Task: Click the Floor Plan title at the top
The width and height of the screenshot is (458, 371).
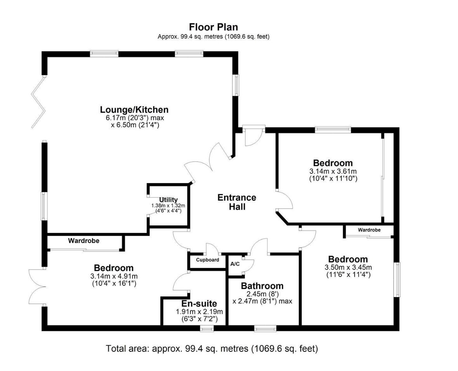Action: coord(214,27)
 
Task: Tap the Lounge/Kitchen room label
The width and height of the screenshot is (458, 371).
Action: coord(134,110)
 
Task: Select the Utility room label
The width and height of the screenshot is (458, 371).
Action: coord(168,199)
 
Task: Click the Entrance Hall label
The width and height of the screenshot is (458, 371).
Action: coord(237,202)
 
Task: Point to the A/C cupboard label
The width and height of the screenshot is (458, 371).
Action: coord(235,264)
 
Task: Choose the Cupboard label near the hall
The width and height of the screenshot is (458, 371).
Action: coord(207,260)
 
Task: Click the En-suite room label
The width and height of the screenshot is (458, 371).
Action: coord(199,303)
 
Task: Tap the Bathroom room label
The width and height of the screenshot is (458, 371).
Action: coord(262,285)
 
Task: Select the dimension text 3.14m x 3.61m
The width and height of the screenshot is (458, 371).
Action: coord(333,171)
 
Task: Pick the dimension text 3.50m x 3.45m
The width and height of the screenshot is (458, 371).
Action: coord(348,267)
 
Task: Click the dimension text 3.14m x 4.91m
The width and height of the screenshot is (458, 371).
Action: coord(114,276)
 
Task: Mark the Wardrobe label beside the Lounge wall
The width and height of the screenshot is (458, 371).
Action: coord(84,241)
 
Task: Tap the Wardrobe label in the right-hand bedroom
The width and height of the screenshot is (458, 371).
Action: coord(369,230)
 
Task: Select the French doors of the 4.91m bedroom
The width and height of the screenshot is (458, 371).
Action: coord(37,287)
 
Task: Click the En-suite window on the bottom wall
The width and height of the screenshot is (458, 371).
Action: coord(207,329)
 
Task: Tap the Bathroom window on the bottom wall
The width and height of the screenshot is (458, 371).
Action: coord(265,329)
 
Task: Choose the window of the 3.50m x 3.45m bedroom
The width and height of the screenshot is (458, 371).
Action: coord(397,280)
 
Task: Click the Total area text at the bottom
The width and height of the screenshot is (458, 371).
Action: coord(212,348)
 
